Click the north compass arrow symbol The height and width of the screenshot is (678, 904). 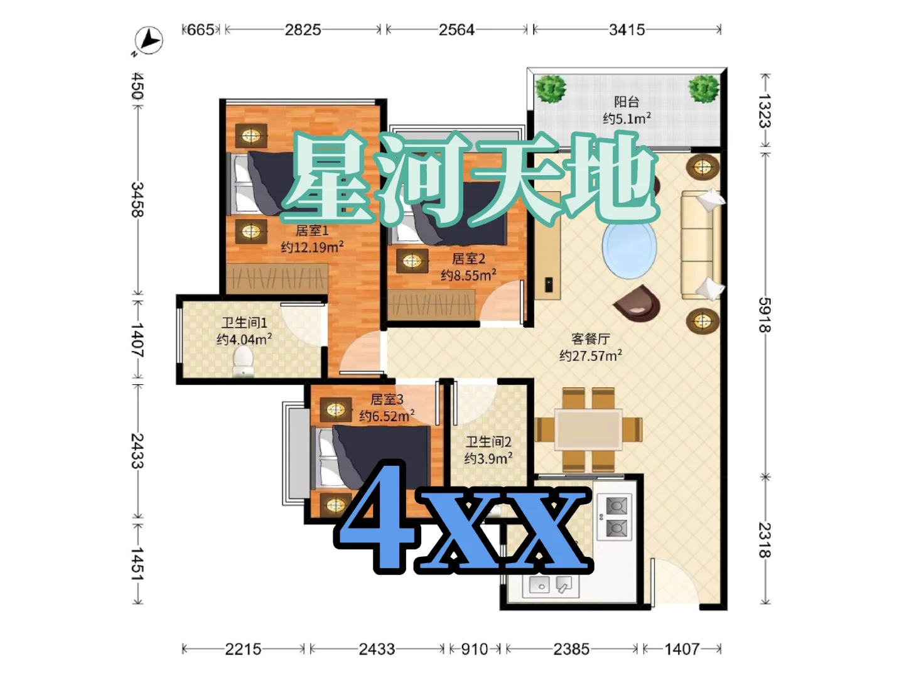[148, 40]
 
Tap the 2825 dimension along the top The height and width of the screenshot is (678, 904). [303, 30]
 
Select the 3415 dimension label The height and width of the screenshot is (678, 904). [627, 30]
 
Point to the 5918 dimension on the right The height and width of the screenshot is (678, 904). [765, 315]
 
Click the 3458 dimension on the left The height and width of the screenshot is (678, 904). [137, 200]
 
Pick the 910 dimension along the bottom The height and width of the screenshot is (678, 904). [475, 649]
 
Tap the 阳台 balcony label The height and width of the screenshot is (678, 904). [627, 101]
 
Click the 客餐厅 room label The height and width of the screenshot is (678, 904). [590, 338]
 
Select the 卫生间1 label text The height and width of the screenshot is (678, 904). [244, 322]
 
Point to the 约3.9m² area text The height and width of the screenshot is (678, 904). [488, 458]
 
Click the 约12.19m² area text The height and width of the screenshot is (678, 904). [312, 247]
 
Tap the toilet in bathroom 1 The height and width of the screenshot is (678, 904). [243, 361]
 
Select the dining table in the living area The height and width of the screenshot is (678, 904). [588, 429]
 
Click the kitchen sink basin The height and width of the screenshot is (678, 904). [539, 585]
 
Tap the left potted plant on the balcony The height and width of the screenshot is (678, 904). [550, 89]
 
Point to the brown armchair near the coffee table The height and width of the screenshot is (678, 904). [637, 302]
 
